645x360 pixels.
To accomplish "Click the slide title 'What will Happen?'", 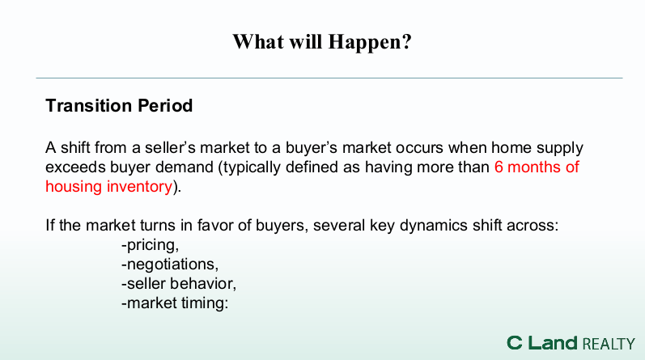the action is pos(322,42).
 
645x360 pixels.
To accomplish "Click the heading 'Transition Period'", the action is pos(119,106).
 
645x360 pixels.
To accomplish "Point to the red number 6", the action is pos(499,167).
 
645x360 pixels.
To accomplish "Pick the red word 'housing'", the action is pos(74,187).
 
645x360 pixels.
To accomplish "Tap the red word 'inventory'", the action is pos(139,187).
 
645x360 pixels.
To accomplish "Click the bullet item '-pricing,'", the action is pos(151,245).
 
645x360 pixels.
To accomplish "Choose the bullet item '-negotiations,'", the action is pos(170,265).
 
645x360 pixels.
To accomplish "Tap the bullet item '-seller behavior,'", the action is pos(179,283).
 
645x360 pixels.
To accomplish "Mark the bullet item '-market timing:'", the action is pos(175,303).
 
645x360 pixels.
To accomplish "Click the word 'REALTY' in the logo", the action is pos(609,344).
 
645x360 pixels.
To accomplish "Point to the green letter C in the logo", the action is pos(515,343).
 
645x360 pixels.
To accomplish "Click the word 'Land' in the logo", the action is pos(553,343).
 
